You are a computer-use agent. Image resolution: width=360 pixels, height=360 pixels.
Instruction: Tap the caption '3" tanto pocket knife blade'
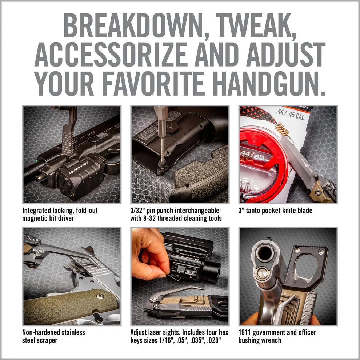pos(275,211)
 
